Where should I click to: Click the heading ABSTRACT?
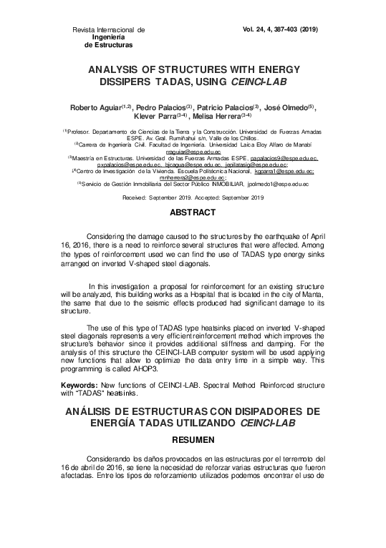[192, 213]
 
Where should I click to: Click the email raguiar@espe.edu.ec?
[192, 152]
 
